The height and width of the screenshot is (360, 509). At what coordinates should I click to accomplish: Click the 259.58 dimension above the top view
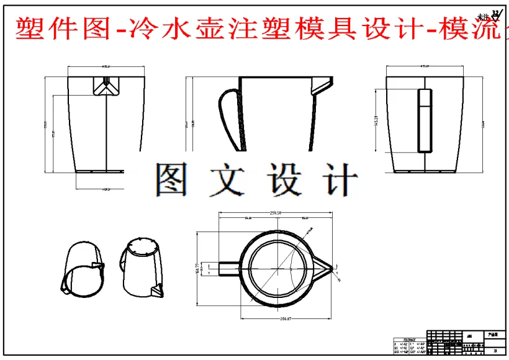tap(276, 213)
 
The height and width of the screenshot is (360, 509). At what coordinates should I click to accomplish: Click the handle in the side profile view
tap(228, 118)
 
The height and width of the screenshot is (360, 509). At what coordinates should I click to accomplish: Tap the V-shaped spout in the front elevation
tap(107, 87)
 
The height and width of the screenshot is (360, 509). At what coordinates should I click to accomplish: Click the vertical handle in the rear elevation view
tap(425, 120)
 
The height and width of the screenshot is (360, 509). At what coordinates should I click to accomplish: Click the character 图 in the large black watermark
tap(172, 180)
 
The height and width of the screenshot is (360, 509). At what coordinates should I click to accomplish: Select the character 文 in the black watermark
tap(228, 180)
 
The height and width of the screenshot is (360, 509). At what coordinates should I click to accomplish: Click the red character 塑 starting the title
tap(25, 29)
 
